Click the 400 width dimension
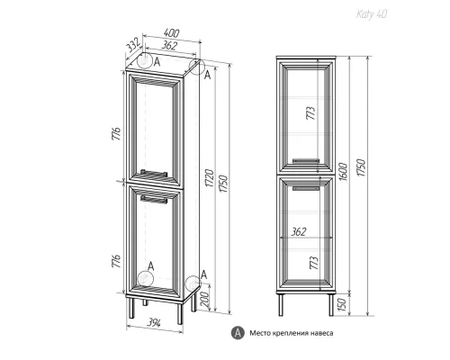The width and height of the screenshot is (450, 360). coord(172,33)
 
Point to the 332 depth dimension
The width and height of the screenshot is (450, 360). coord(133,46)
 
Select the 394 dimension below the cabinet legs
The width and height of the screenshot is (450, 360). coord(154,323)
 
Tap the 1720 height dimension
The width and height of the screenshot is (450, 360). coord(210,178)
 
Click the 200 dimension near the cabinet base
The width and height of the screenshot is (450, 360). coord(205,300)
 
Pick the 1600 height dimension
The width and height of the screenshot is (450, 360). coord(343,172)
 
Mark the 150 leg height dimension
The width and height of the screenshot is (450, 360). coord(342,303)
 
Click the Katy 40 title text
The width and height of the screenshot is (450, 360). coord(372,14)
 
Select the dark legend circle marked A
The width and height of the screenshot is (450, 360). coord(238,333)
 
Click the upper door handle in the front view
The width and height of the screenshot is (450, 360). coord(305,161)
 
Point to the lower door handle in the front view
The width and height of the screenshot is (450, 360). coord(305,188)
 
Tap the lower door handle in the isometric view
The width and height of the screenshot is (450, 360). coord(154,199)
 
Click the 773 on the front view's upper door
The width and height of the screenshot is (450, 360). coord(310,113)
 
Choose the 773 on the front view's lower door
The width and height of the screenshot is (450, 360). coord(314,263)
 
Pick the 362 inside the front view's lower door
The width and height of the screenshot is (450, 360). coord(299,231)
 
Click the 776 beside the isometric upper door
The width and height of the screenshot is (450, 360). coord(116,133)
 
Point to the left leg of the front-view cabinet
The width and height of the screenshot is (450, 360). coord(281,304)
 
